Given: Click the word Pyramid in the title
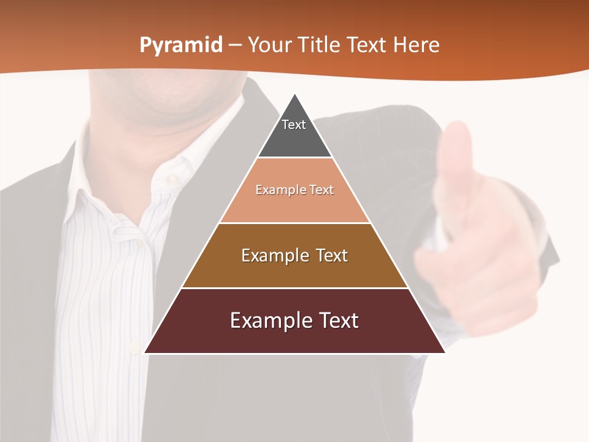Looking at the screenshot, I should [x=181, y=45].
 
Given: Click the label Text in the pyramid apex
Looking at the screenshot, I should [x=294, y=125].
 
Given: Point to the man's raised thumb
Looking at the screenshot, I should [x=456, y=147].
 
